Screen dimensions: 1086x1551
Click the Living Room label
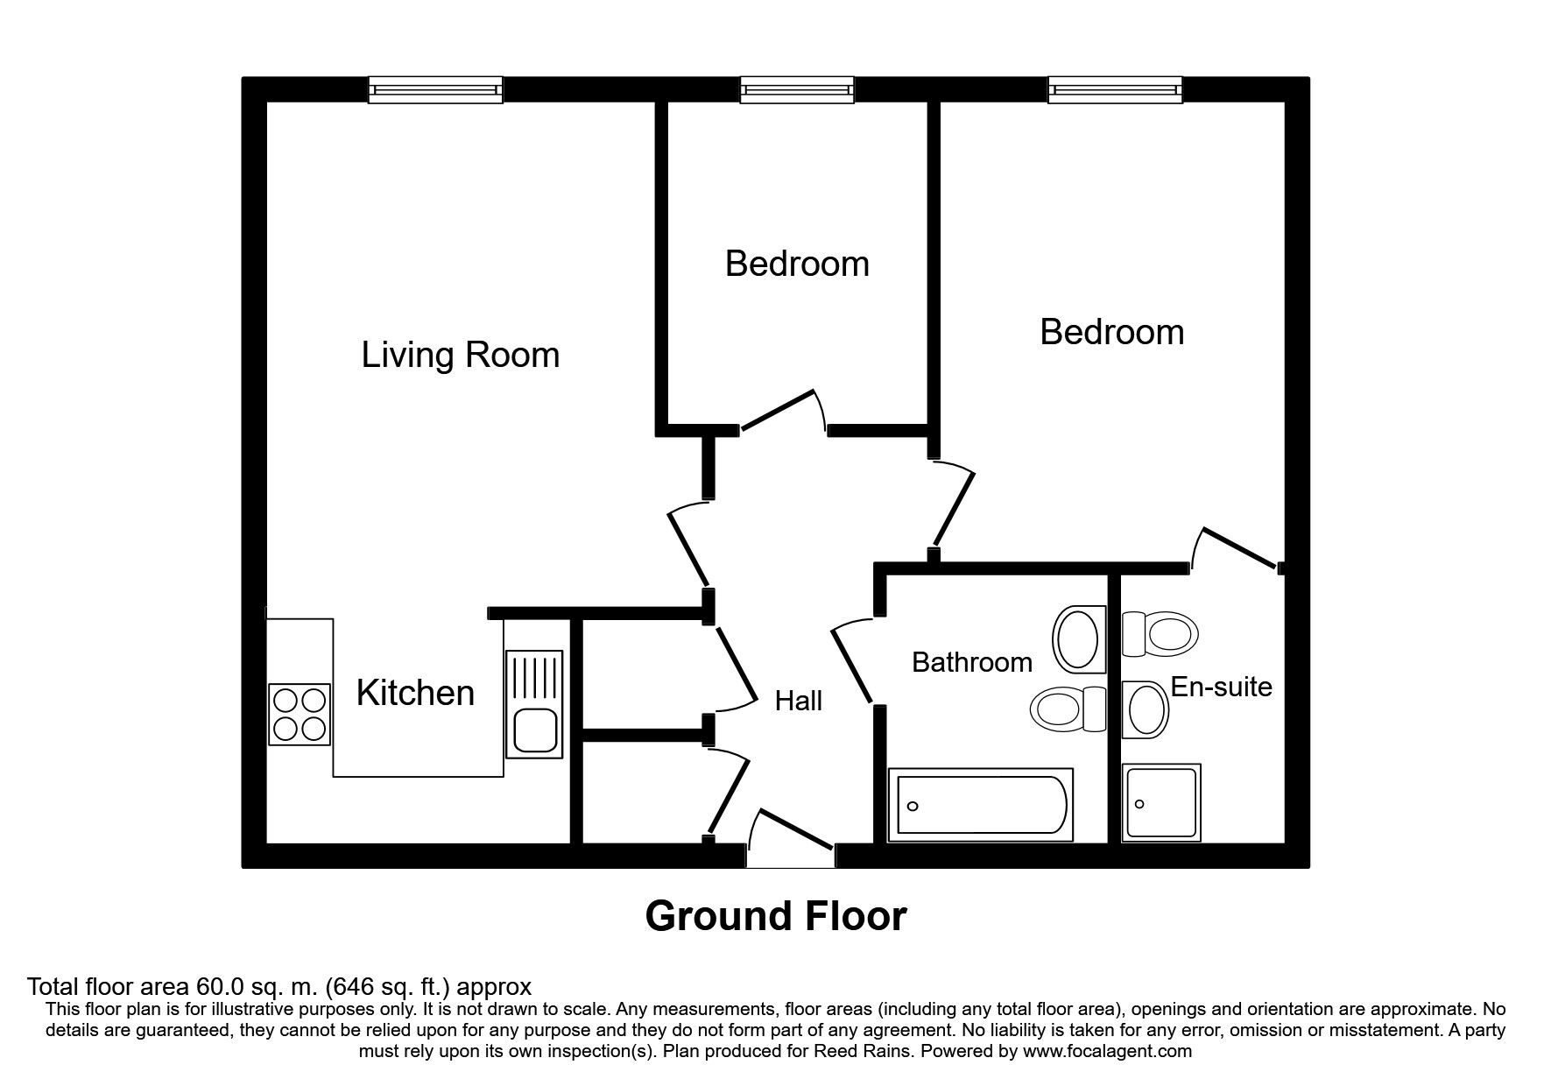pyautogui.click(x=460, y=355)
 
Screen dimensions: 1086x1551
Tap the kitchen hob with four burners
pyautogui.click(x=300, y=714)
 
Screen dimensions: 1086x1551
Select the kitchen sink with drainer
pyautogui.click(x=533, y=703)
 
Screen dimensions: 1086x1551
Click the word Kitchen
pyautogui.click(x=415, y=693)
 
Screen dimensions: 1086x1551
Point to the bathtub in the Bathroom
pyautogui.click(x=979, y=805)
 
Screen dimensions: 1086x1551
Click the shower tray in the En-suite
pyautogui.click(x=1160, y=802)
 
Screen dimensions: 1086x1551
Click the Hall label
pyautogui.click(x=798, y=701)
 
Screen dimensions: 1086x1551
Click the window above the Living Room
pyautogui.click(x=435, y=89)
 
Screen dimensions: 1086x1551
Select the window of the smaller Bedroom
pyautogui.click(x=796, y=89)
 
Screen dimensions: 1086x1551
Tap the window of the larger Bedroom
pyautogui.click(x=1114, y=89)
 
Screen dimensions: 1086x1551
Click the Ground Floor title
pyautogui.click(x=775, y=916)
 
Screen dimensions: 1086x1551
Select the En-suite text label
pyautogui.click(x=1221, y=687)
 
